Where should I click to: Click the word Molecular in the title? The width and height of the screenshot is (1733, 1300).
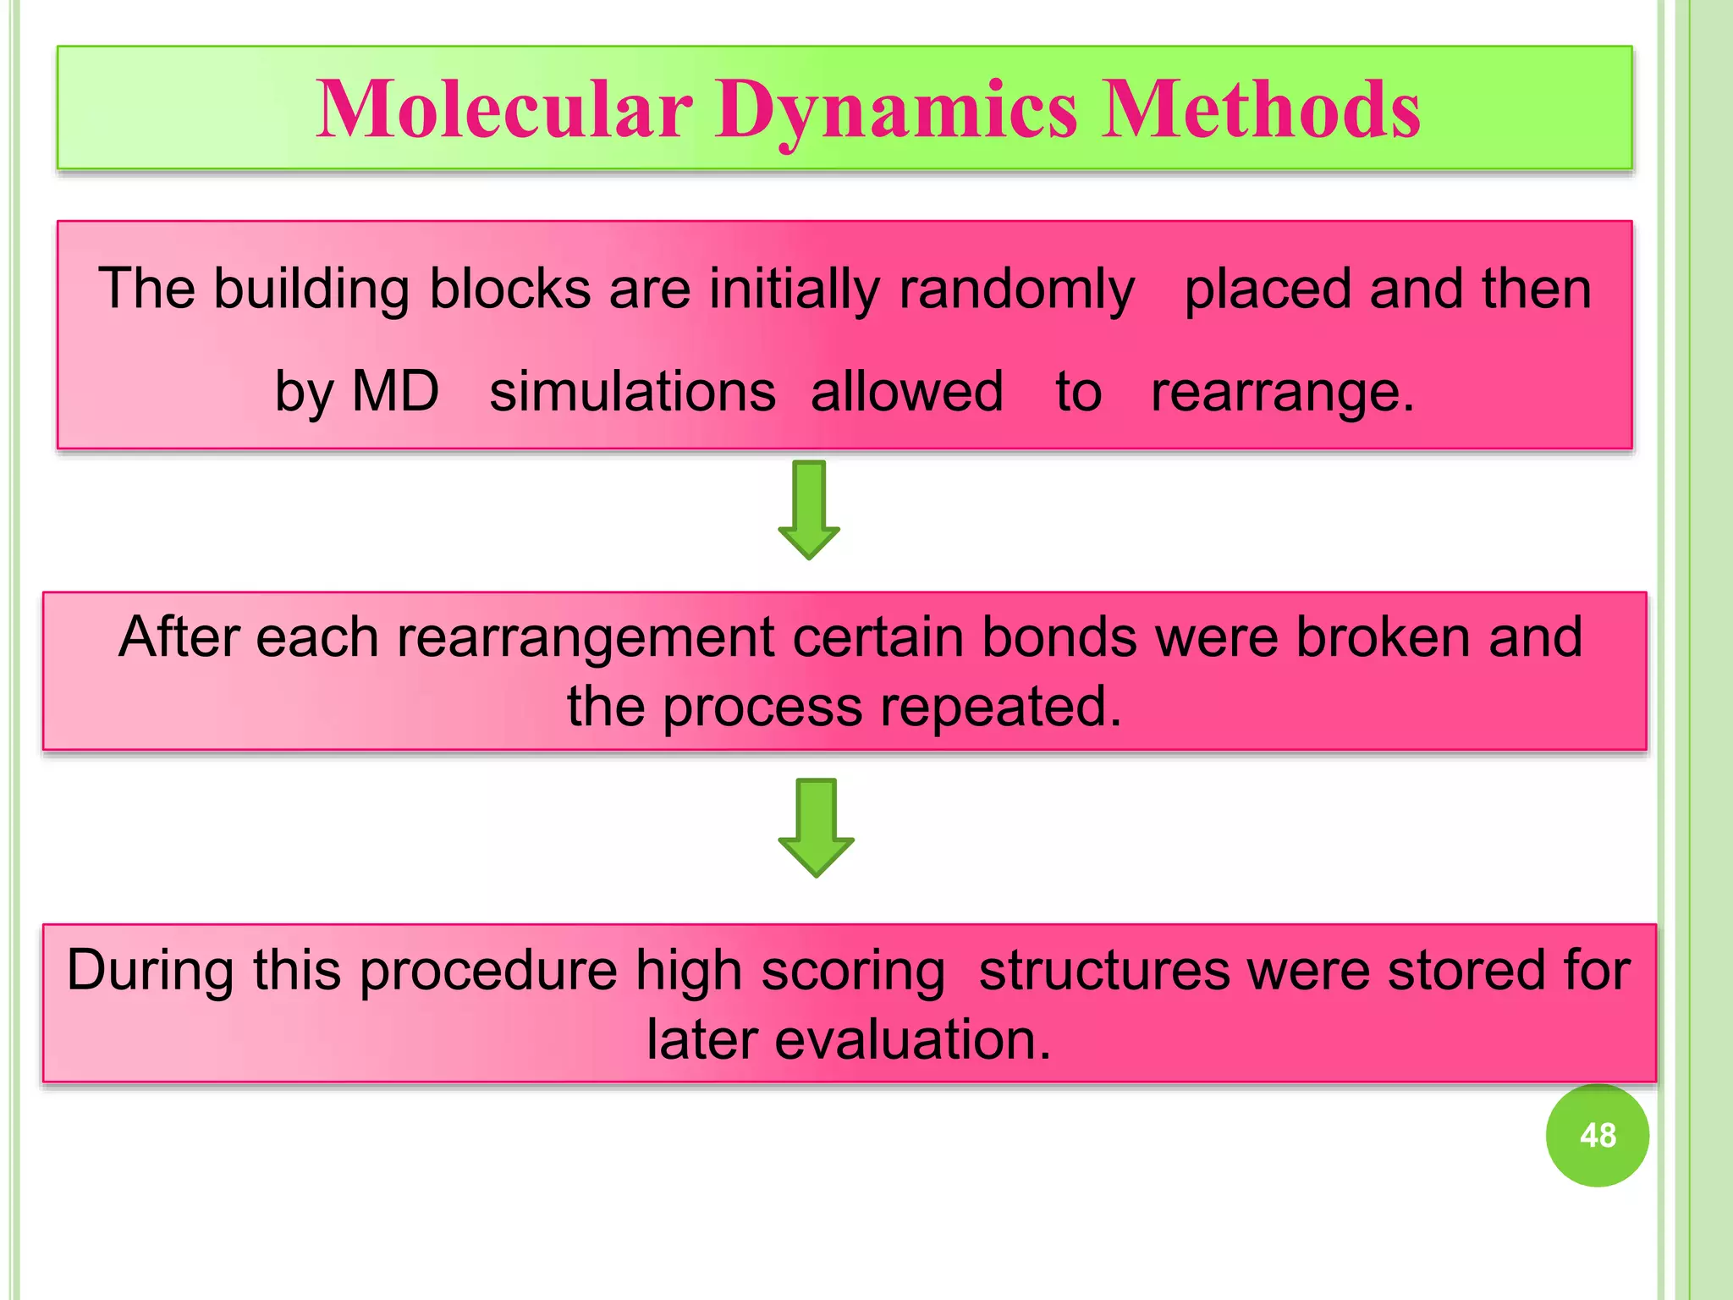504,110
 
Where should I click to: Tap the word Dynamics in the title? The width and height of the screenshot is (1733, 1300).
897,110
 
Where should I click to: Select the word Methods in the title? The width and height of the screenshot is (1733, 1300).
1261,110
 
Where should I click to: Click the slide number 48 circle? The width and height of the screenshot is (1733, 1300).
1597,1135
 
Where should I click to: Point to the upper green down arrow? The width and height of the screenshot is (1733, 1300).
809,510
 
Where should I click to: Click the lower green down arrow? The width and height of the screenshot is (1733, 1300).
816,828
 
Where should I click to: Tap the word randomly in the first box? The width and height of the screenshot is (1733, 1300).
1015,289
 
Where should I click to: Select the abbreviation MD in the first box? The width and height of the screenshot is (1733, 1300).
395,392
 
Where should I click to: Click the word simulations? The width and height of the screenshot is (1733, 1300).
632,392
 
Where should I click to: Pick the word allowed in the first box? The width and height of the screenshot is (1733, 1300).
907,392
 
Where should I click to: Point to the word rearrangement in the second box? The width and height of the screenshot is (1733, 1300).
586,638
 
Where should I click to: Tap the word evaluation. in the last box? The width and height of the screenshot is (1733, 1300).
912,1039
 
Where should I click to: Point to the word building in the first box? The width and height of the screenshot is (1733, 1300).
311,289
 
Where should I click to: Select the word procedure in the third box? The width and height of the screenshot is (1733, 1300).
488,971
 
